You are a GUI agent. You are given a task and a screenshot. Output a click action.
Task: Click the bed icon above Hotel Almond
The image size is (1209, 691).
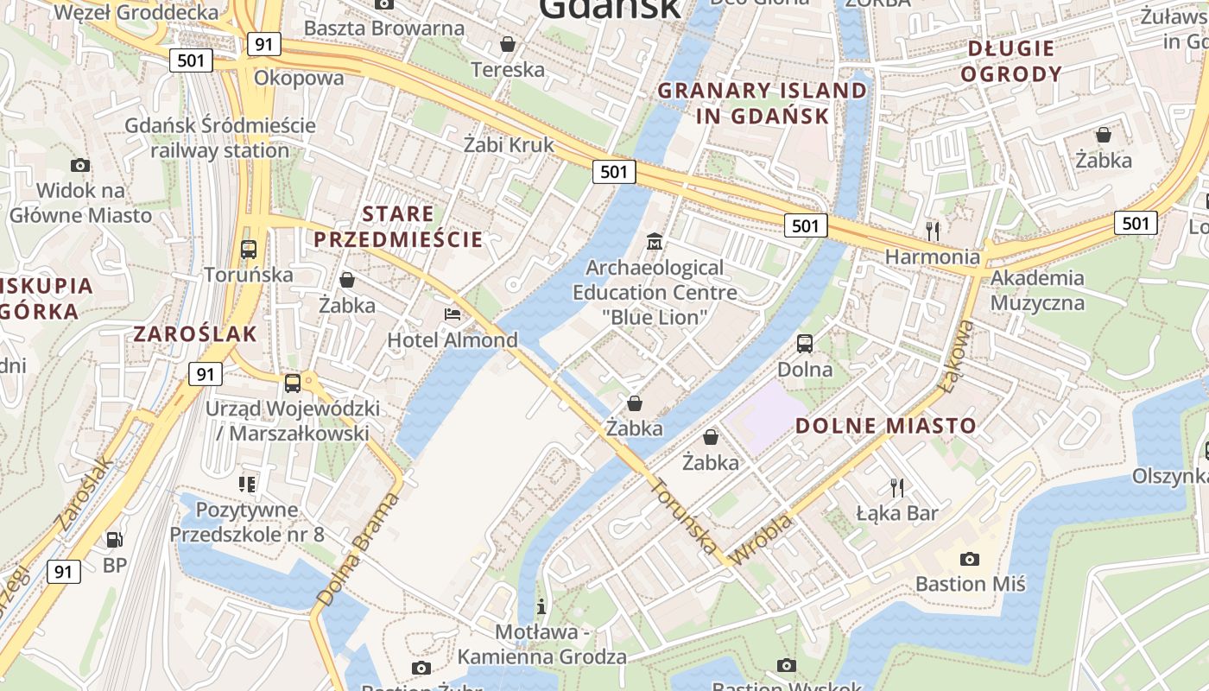point(453,314)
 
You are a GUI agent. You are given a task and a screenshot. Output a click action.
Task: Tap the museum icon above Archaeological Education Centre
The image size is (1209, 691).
point(655,242)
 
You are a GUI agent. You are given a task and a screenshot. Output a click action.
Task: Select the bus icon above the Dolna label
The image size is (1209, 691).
point(805,343)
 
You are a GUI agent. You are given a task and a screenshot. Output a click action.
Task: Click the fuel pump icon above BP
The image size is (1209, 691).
point(114,540)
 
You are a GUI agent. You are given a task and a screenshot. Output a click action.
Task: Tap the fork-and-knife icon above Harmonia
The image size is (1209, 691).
point(932,231)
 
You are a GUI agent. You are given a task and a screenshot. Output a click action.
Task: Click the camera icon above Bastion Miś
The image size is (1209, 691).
point(970,559)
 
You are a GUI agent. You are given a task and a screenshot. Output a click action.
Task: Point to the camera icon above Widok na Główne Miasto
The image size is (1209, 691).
point(80,165)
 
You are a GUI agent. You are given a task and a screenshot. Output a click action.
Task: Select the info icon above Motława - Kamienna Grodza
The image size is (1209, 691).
point(541,606)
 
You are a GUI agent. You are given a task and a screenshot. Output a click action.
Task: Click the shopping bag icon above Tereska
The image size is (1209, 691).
point(508,43)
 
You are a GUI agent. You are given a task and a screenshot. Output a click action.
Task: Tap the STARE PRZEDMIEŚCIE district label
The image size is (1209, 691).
point(398,227)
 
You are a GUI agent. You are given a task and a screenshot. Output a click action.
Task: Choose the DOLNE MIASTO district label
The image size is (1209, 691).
point(885,425)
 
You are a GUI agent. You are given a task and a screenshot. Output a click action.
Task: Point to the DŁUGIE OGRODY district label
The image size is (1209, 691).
point(1010,60)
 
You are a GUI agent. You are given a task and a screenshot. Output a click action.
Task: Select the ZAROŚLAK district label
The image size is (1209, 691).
point(195,334)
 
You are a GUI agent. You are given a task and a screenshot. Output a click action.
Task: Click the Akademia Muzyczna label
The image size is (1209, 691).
point(1037,290)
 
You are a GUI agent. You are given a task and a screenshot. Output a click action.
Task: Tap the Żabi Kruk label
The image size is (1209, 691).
point(509,144)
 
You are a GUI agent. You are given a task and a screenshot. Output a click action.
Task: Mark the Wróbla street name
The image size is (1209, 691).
point(761,541)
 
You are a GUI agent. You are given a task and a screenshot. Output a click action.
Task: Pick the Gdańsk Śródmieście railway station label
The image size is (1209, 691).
point(220,137)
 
